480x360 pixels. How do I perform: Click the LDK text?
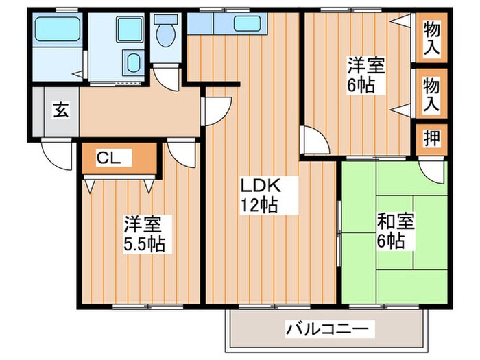[259, 185]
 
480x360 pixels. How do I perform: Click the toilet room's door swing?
[165, 73]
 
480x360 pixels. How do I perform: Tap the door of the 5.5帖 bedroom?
[182, 152]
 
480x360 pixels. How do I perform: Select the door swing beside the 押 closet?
[432, 169]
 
